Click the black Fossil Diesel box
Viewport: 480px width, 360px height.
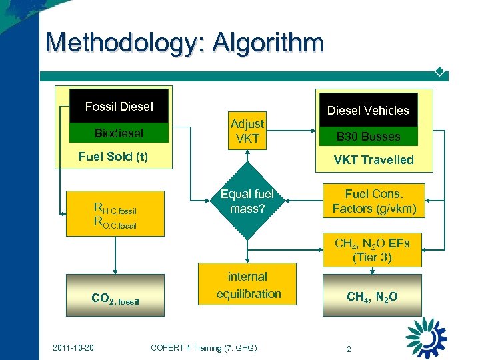(x=119, y=107)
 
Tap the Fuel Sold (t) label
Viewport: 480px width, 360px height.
(x=113, y=157)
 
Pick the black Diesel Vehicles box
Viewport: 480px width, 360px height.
(x=368, y=110)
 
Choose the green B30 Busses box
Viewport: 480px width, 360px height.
(x=368, y=137)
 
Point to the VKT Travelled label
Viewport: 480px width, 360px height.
(x=373, y=160)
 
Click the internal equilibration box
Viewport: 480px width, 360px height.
(x=247, y=285)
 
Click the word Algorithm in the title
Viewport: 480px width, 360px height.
(x=268, y=43)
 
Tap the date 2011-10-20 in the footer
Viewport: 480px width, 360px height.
(x=74, y=347)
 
